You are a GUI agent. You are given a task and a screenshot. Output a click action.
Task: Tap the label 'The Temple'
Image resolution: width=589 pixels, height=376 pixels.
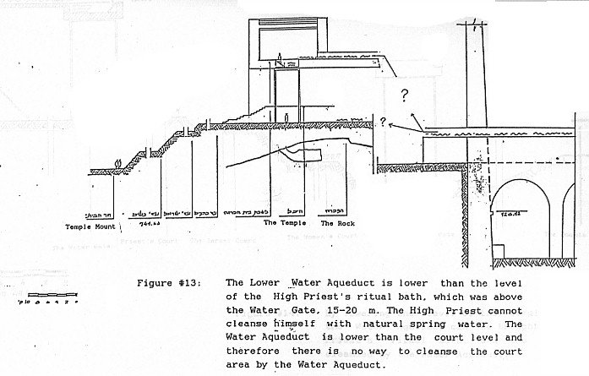tap(281, 223)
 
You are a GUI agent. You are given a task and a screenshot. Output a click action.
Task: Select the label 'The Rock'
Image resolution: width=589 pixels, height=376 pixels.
tap(337, 223)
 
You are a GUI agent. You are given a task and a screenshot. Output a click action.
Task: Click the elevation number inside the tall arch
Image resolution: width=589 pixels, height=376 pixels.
tap(508, 215)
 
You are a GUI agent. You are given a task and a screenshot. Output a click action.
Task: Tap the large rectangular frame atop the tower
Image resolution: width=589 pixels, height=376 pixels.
tap(289, 40)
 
